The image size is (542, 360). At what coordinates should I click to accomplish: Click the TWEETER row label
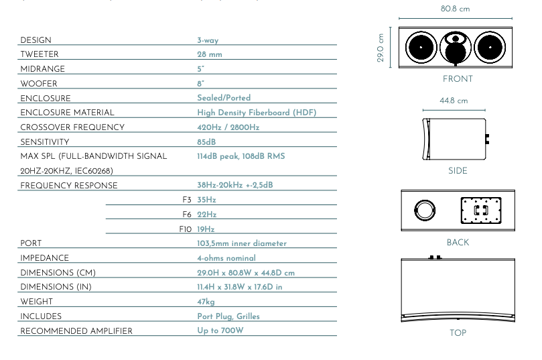[x=40, y=54]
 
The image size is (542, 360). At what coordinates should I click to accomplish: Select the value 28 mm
[x=210, y=54]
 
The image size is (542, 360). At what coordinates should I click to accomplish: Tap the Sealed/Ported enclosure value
[x=224, y=98]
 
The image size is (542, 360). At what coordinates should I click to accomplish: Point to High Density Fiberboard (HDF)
[x=257, y=113]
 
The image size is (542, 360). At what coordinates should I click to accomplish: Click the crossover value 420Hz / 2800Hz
[x=228, y=127]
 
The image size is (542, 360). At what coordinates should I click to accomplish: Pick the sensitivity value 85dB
[x=206, y=142]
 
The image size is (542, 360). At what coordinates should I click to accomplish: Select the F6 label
[x=187, y=215]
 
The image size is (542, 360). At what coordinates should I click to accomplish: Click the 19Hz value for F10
[x=206, y=229]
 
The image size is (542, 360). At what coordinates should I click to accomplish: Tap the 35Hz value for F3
[x=206, y=200]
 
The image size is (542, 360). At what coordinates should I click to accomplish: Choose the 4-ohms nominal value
[x=226, y=258]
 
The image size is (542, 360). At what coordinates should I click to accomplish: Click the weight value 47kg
[x=206, y=302]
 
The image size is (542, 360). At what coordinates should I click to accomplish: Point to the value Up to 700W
[x=220, y=331]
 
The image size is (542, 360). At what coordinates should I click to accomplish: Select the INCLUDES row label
[x=41, y=316]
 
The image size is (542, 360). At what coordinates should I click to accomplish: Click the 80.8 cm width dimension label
[x=455, y=9]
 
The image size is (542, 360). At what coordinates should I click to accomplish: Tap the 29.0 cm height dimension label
[x=381, y=48]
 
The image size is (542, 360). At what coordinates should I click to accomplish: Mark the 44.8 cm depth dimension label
[x=454, y=101]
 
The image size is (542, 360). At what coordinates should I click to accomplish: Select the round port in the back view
[x=425, y=211]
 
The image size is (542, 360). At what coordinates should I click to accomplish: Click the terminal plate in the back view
[x=481, y=211]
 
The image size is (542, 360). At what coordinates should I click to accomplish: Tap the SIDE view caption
[x=458, y=171]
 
